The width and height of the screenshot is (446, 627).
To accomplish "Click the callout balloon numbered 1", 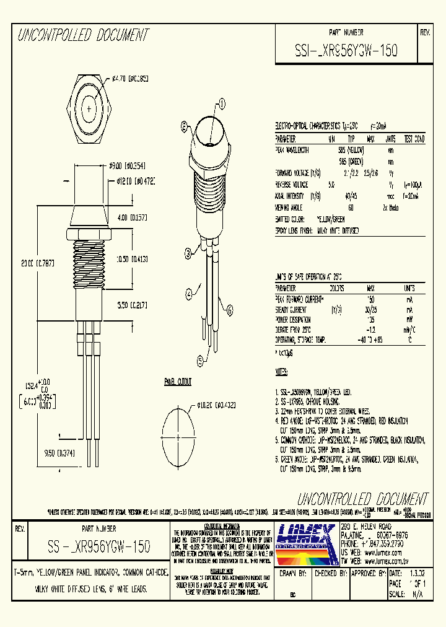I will coord(222,104).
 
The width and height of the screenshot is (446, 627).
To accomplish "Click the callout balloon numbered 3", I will coord(187,252).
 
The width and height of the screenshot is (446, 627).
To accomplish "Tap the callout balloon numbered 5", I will coord(200,359).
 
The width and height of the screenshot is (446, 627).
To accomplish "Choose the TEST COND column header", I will coord(414,139).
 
